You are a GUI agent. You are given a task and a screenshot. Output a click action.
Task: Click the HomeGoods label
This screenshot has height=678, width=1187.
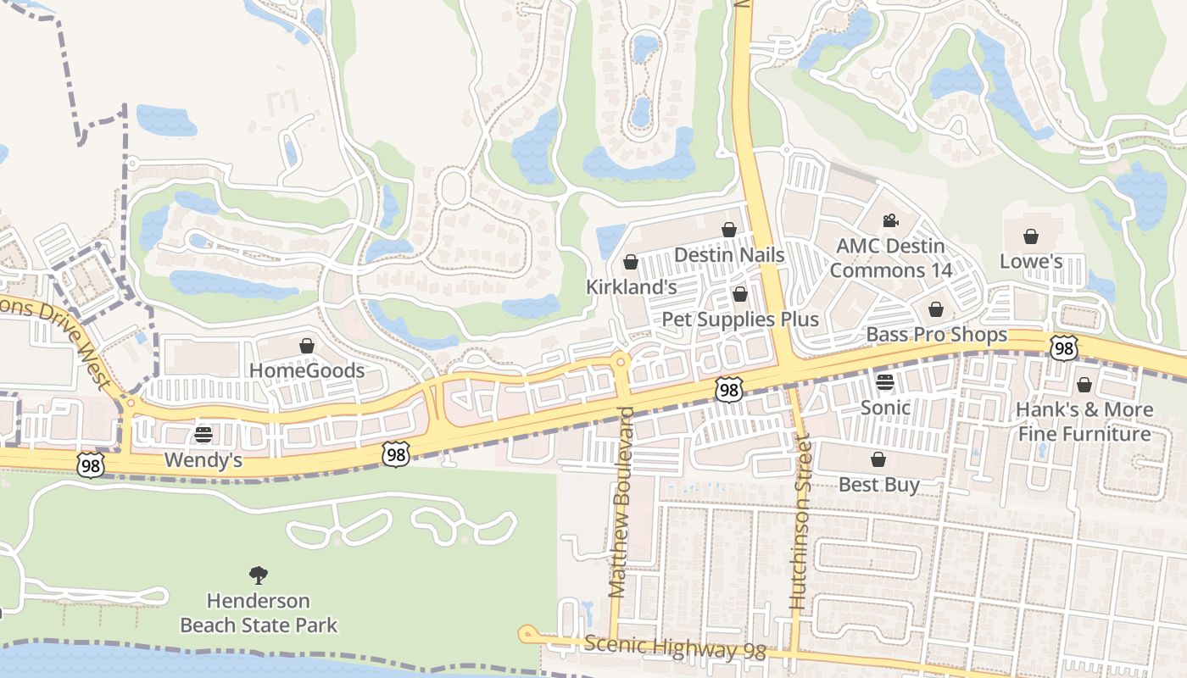(306, 370)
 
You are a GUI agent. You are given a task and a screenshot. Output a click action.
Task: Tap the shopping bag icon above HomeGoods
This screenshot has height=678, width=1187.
(306, 346)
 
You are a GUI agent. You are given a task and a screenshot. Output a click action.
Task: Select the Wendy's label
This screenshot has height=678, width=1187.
(203, 460)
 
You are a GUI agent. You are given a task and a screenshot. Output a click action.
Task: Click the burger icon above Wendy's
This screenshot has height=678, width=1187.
(203, 435)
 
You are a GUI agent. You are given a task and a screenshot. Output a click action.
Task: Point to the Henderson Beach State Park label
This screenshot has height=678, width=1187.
(259, 614)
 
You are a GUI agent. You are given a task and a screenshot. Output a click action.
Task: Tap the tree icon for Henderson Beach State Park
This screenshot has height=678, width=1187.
(259, 576)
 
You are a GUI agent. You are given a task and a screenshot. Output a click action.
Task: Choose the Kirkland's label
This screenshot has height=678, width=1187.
(631, 287)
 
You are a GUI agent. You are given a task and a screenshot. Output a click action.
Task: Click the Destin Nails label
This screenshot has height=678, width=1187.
(729, 254)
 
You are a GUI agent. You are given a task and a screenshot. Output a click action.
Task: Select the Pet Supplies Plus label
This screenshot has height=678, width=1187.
(739, 320)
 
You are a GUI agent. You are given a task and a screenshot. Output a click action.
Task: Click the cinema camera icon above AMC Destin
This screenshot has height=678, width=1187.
(889, 221)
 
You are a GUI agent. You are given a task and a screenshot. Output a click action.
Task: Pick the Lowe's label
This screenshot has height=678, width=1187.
(1030, 261)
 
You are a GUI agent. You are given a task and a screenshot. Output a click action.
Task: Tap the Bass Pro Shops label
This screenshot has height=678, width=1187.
(936, 335)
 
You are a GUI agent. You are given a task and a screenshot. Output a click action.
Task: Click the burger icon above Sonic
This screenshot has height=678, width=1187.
(885, 382)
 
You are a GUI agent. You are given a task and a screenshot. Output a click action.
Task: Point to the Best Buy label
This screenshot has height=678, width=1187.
(878, 485)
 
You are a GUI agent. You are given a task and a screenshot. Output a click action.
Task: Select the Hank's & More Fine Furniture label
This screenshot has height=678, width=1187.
(1084, 422)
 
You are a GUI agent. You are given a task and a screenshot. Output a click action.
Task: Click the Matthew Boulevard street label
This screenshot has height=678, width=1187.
(621, 502)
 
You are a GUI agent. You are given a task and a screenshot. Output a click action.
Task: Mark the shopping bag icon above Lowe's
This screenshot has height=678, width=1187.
(1031, 236)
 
